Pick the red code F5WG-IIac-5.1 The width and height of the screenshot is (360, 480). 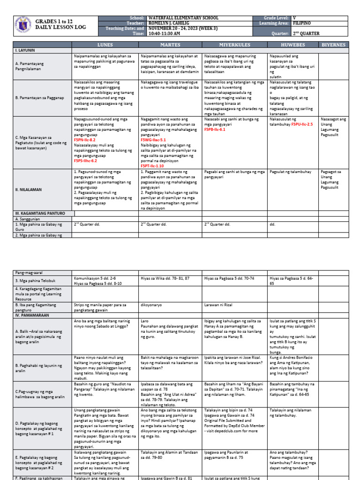pos(153,140)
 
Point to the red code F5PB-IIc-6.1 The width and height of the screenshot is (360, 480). pos(215,129)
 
